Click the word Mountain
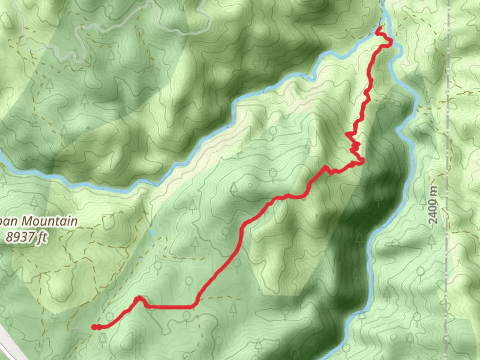50,221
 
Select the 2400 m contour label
433,205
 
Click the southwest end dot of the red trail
95,327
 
